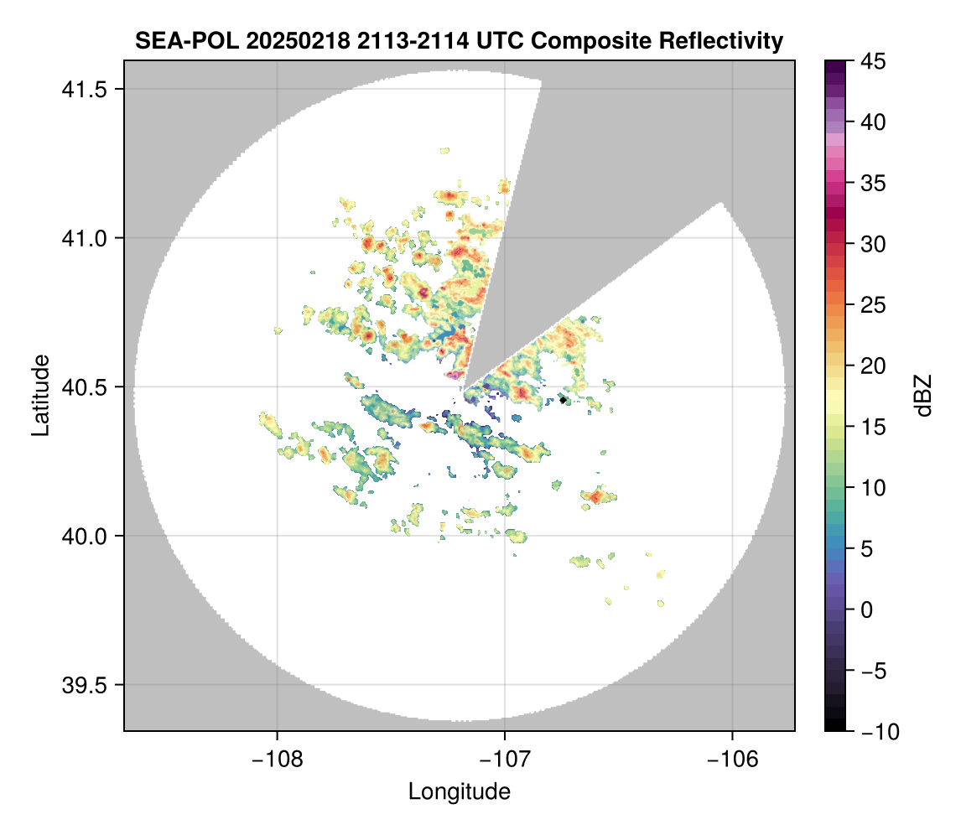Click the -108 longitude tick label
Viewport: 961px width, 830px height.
277,759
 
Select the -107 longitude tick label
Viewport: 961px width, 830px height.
505,759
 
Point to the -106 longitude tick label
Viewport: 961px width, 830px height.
733,759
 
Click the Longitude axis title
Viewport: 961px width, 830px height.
459,791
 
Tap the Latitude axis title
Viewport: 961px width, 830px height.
40,394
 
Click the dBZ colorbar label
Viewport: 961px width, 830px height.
923,395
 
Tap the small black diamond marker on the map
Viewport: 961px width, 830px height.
564,400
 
